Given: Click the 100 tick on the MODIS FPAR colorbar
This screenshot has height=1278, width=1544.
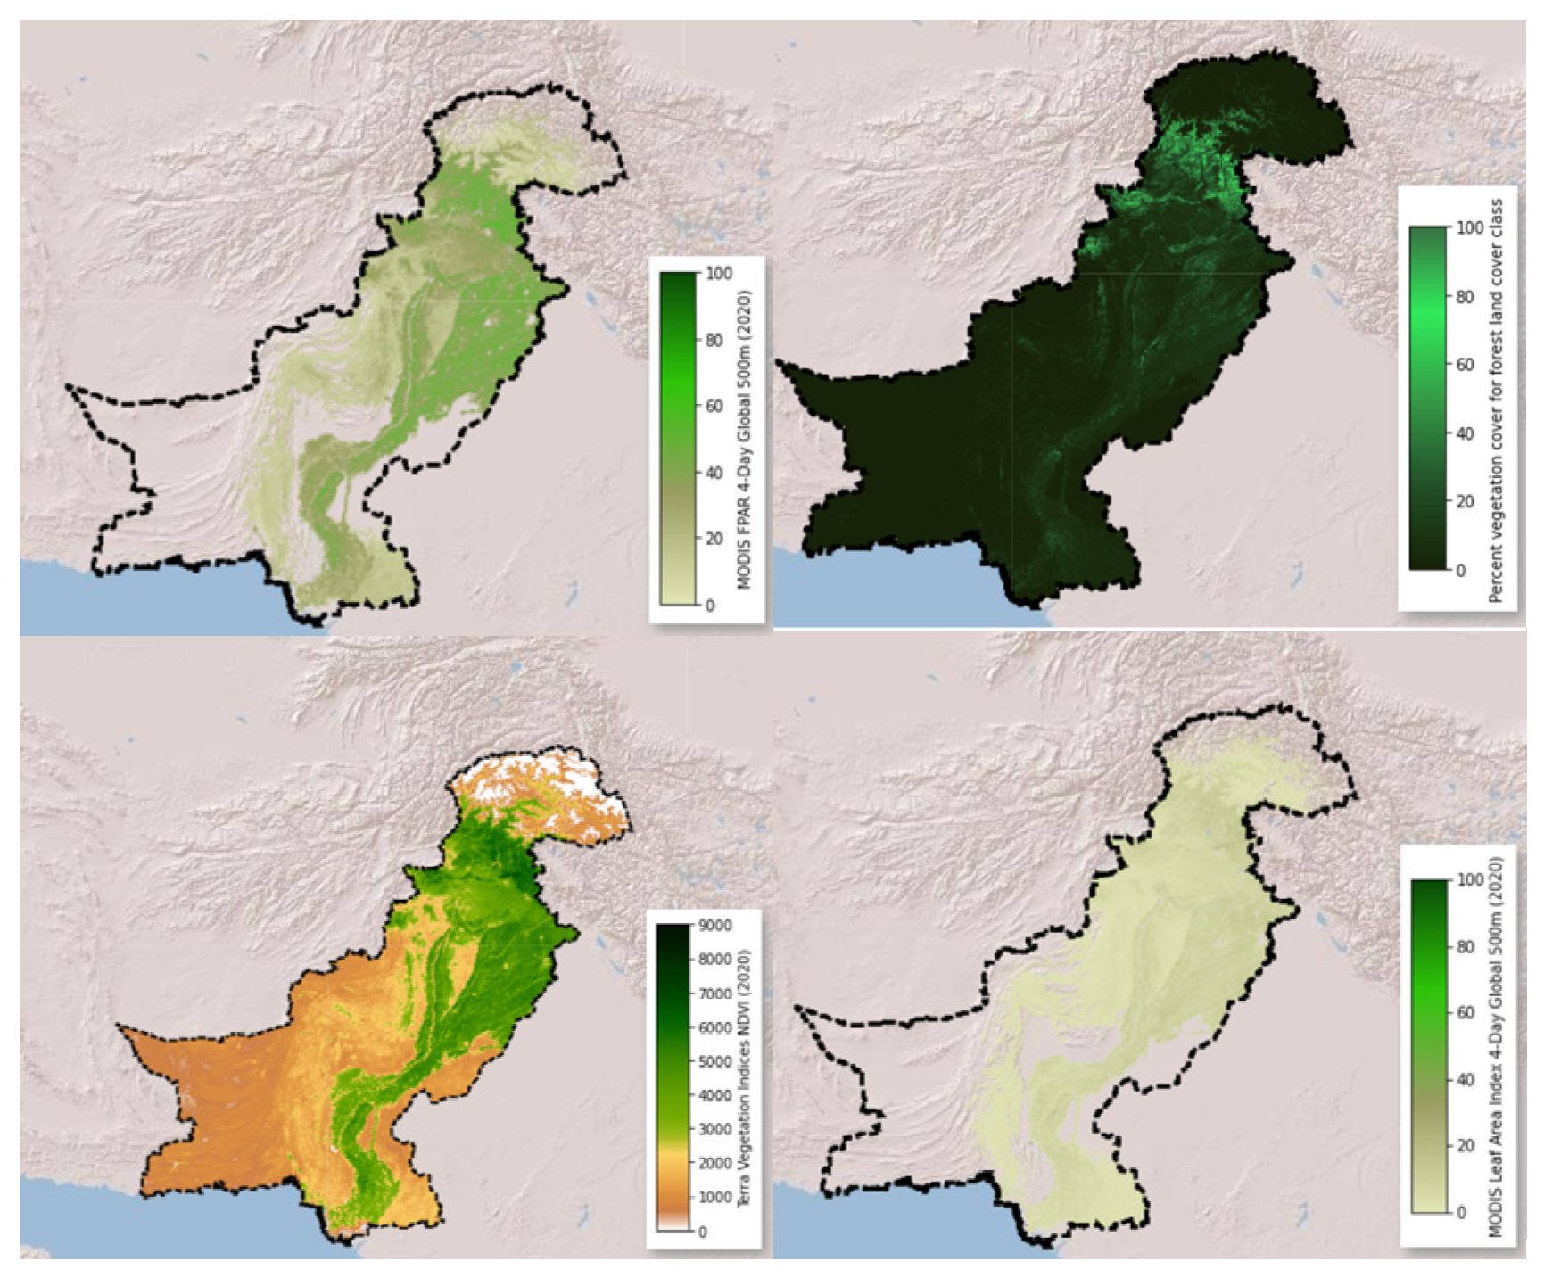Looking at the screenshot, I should tap(718, 273).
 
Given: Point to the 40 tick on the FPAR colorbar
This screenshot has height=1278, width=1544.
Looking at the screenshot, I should tap(714, 473).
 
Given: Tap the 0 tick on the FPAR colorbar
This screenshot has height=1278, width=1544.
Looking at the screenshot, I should tap(710, 606).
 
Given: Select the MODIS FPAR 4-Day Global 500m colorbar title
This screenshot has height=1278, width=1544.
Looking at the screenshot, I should tap(745, 440).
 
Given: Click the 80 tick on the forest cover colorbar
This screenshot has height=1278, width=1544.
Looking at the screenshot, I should tap(1465, 296).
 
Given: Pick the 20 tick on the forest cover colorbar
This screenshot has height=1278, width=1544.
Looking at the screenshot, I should tap(1465, 501).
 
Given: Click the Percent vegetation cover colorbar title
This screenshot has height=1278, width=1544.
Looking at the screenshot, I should tap(1497, 400).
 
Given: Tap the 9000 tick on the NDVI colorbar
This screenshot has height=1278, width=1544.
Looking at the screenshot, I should tap(715, 926).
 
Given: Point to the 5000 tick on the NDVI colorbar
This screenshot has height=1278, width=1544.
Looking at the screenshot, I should tap(715, 1061).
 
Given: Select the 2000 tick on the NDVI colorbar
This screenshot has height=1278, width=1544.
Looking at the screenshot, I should tap(715, 1163).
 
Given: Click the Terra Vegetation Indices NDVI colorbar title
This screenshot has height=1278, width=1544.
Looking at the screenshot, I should tap(745, 1077).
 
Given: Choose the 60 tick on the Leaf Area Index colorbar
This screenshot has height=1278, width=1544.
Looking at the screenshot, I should tap(1466, 1012).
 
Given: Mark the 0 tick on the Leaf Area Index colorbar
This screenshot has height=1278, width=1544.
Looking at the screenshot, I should tap(1461, 1213).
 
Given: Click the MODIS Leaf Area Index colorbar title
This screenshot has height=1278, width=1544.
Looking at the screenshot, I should tap(1497, 1046).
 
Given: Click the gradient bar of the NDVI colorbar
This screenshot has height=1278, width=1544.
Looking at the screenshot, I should tap(673, 1077).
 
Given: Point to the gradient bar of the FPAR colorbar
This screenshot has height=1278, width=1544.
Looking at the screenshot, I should tap(678, 439).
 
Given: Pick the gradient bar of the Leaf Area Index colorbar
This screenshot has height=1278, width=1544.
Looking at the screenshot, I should tap(1429, 1046).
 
